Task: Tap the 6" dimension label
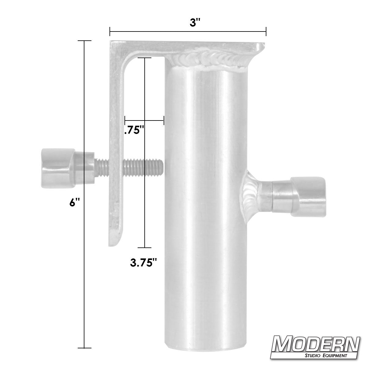click(75, 202)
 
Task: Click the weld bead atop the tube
click(208, 59)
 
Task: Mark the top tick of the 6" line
click(84, 41)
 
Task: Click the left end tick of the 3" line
click(110, 31)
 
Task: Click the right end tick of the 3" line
click(266, 31)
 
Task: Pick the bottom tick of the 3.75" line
click(144, 247)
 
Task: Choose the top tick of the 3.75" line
click(144, 57)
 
